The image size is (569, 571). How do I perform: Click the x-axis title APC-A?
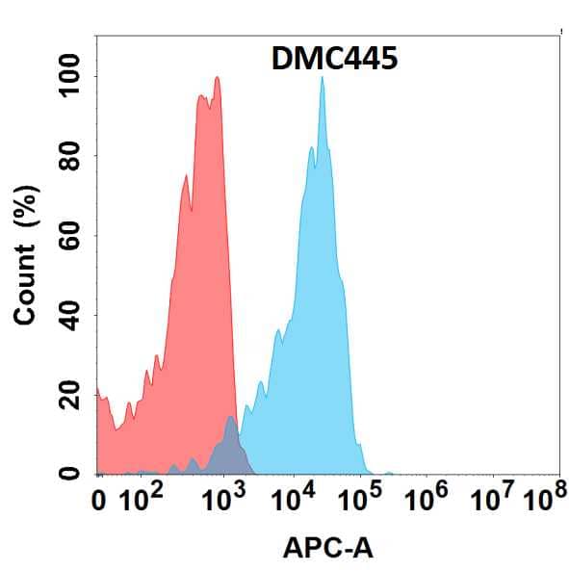click(x=328, y=548)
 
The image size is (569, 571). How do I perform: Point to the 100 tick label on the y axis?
click(x=70, y=76)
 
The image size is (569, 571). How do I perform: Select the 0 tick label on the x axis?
click(x=99, y=500)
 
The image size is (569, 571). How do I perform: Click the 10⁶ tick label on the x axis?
click(x=429, y=498)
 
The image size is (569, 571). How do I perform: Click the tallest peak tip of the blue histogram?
click(x=322, y=79)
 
